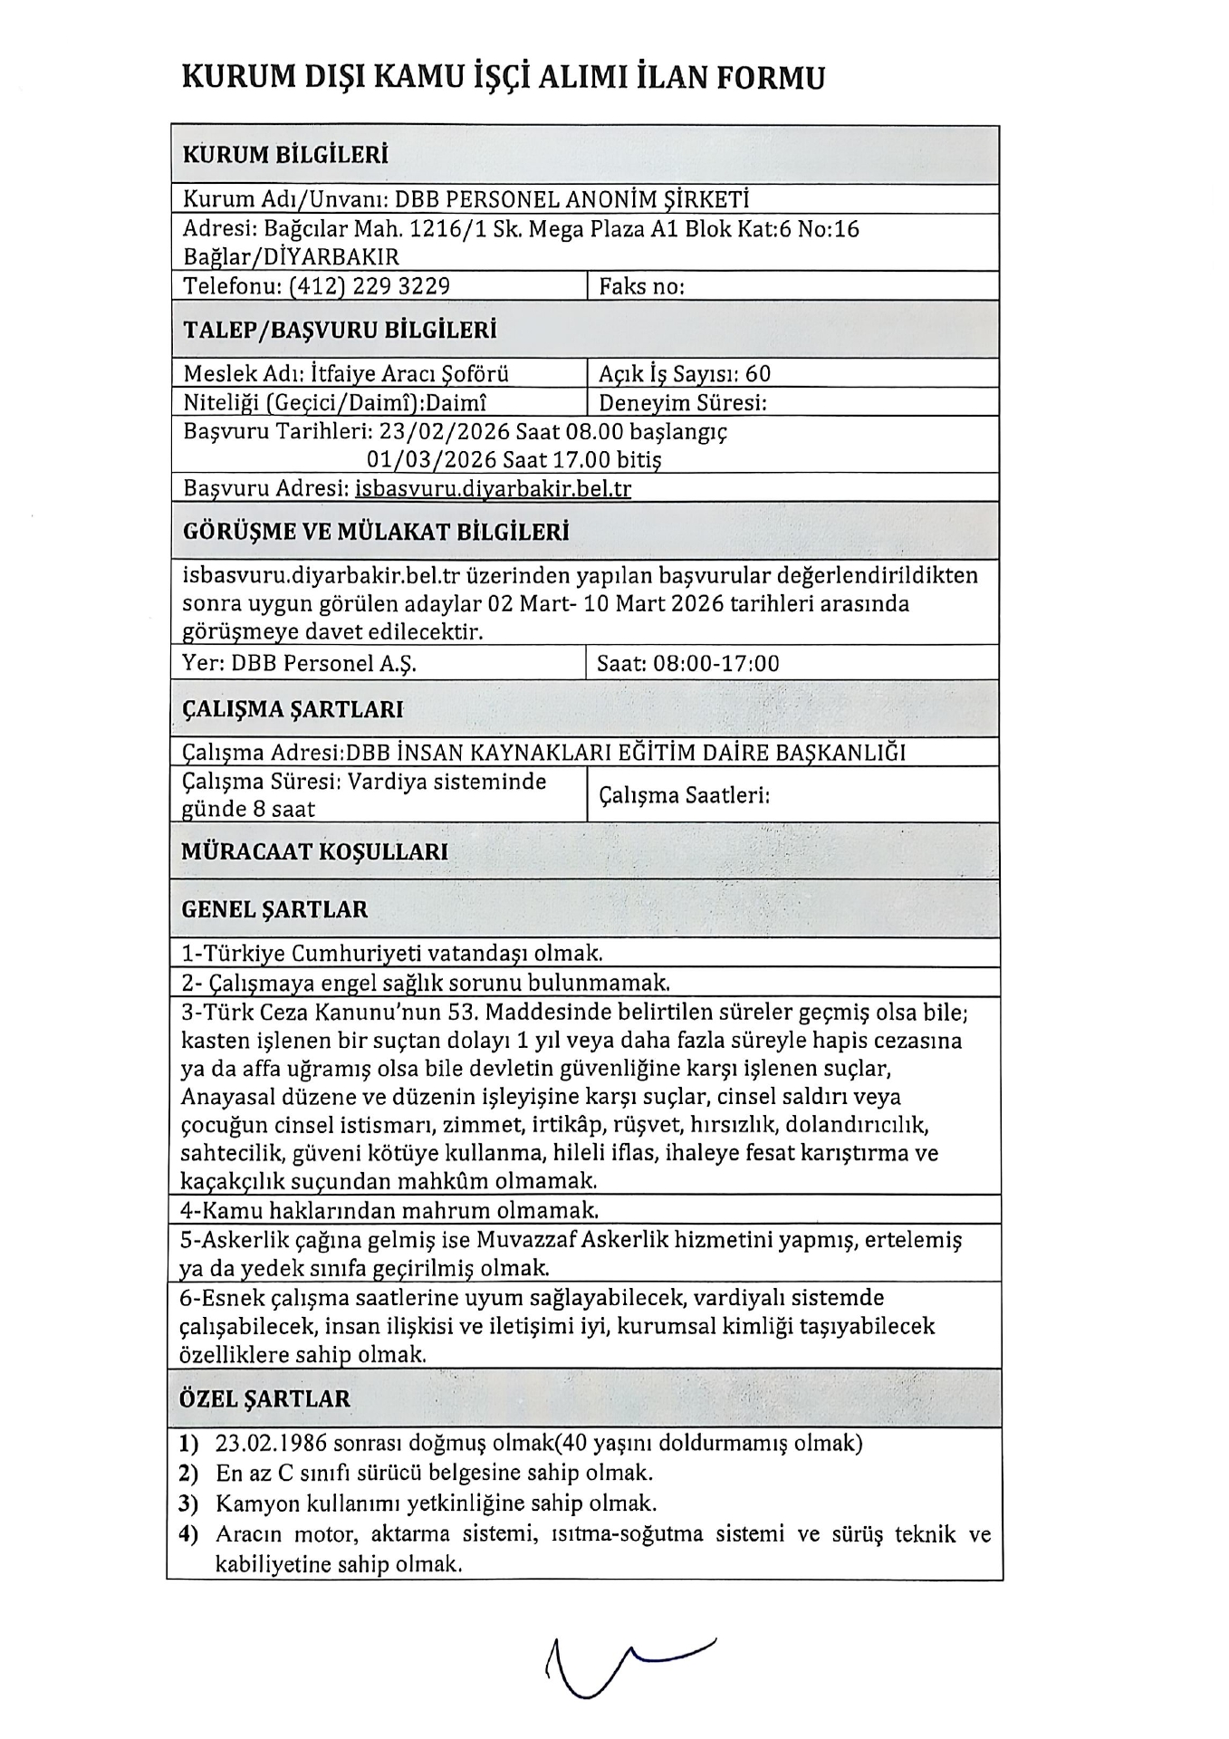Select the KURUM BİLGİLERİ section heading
[285, 155]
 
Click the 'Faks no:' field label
[641, 286]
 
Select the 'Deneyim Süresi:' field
[683, 402]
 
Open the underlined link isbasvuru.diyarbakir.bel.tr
[494, 489]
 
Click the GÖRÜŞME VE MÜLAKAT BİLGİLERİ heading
[376, 532]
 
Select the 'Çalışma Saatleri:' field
[684, 795]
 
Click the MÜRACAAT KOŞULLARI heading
[315, 851]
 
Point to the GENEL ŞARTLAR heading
[275, 909]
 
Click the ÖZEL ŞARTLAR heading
[265, 1398]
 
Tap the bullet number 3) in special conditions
[188, 1504]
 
